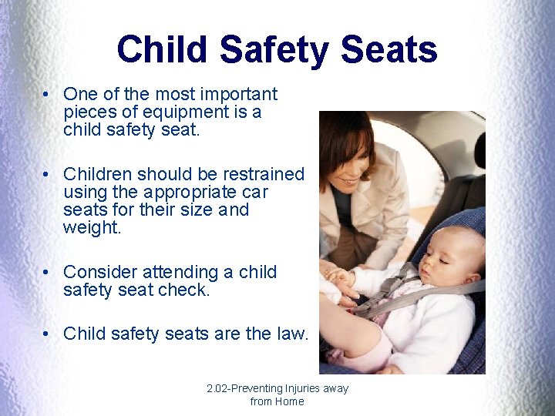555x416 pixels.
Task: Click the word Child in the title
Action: point(162,49)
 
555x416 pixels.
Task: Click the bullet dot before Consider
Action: point(48,273)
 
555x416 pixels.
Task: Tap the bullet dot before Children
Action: point(48,175)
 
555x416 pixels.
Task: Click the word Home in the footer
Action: point(289,401)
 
